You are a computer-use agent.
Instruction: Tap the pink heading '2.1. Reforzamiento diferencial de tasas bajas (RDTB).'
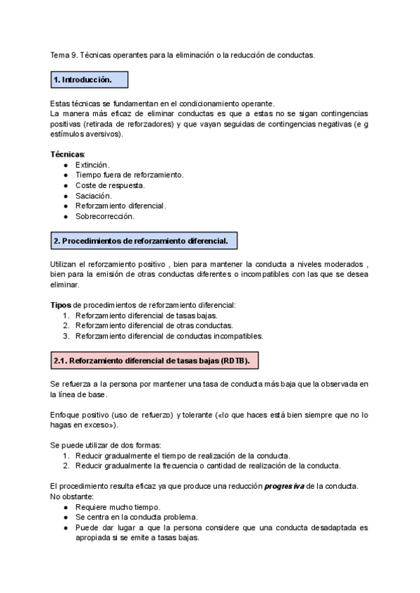[155, 361]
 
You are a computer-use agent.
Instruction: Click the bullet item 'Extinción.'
[93, 165]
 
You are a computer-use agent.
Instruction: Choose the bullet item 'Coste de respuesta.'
[110, 185]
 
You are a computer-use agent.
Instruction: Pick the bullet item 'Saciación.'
[93, 196]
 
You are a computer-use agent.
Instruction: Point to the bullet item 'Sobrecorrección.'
[105, 216]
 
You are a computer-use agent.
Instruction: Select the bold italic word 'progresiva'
[284, 486]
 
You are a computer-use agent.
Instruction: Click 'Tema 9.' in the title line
[64, 55]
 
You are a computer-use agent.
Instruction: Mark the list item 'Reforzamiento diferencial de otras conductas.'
[154, 325]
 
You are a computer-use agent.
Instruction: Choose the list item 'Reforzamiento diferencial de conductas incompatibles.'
[169, 336]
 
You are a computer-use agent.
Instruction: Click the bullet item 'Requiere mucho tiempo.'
[118, 507]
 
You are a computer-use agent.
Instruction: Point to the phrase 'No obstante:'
[71, 496]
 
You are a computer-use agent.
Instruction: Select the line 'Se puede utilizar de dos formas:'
[105, 445]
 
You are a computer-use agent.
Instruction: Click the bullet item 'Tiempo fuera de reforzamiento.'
[129, 175]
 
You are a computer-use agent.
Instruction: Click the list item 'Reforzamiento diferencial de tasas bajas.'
[147, 315]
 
